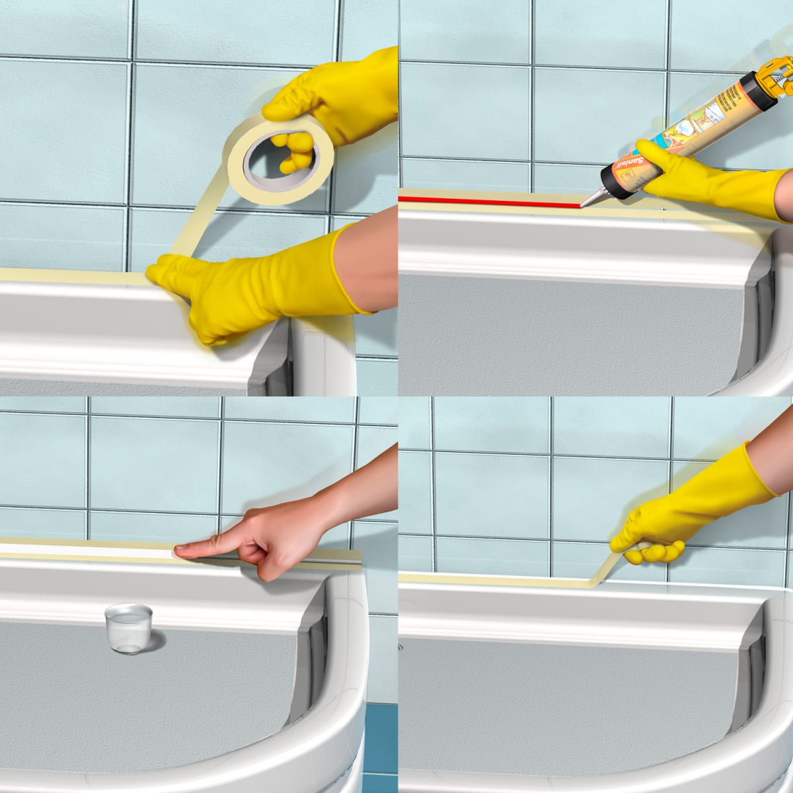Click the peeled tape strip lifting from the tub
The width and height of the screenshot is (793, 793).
click(605, 568)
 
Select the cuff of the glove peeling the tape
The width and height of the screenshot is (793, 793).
click(760, 469)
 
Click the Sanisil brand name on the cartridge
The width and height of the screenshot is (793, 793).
click(632, 162)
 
